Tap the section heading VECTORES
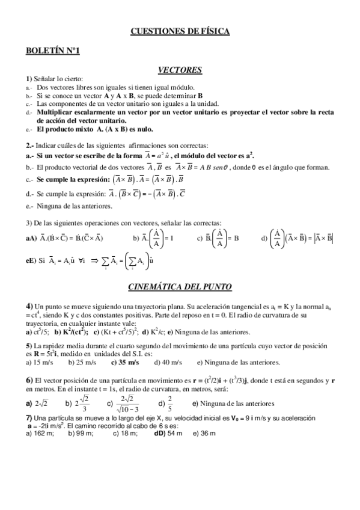[180, 70]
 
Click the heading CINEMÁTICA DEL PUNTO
[180, 287]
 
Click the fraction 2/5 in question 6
[169, 404]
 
